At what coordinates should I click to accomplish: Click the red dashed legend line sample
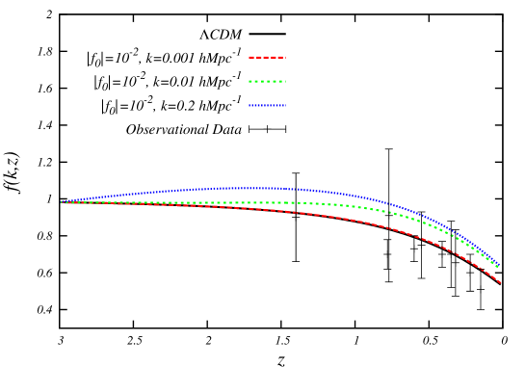click(x=267, y=57)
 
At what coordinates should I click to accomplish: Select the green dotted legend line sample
click(x=267, y=81)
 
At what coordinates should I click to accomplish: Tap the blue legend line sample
click(x=267, y=105)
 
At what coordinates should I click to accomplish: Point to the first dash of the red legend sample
click(x=251, y=57)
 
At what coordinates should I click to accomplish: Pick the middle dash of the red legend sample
click(x=267, y=57)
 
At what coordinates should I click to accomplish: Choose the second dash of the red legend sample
click(x=259, y=57)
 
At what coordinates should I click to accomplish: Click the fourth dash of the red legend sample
click(x=275, y=57)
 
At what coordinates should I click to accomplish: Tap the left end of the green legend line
click(x=249, y=81)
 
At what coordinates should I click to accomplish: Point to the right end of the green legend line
click(x=285, y=81)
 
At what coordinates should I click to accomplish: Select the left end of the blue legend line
click(x=249, y=105)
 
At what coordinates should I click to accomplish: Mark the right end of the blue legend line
click(x=285, y=105)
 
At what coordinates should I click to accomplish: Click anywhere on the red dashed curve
click(x=289, y=211)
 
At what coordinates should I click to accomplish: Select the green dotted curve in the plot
click(x=289, y=202)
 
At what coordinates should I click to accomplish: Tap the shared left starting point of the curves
click(x=62, y=201)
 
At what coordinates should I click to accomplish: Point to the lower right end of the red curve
click(x=500, y=282)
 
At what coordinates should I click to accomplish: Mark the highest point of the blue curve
click(x=246, y=188)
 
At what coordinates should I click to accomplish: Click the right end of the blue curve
click(x=498, y=264)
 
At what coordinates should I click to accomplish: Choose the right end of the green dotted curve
click(x=498, y=267)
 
